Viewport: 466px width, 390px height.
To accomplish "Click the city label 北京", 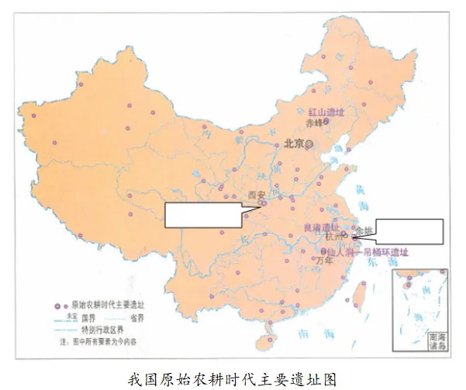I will (293, 143).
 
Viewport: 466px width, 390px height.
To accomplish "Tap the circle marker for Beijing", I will (309, 143).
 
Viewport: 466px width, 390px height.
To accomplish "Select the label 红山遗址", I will (326, 112).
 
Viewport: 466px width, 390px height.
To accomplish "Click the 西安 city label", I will (255, 195).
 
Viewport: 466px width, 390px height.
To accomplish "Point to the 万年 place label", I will (324, 261).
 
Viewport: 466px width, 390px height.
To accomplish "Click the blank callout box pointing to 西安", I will (204, 215).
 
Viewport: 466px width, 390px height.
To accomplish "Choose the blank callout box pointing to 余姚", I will (409, 231).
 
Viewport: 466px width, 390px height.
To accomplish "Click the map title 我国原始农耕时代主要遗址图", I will (233, 378).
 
